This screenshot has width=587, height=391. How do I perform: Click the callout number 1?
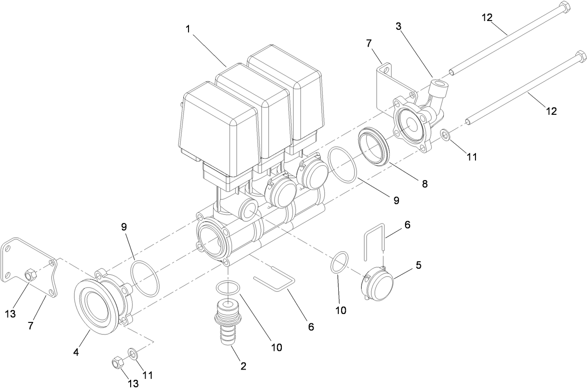(x=188, y=29)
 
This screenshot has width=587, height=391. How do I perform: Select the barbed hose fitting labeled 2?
(x=228, y=322)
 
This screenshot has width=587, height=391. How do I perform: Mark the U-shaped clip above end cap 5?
(x=374, y=243)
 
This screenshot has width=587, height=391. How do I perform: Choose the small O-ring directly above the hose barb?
(x=228, y=287)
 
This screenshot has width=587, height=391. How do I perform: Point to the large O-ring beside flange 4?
(x=145, y=278)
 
